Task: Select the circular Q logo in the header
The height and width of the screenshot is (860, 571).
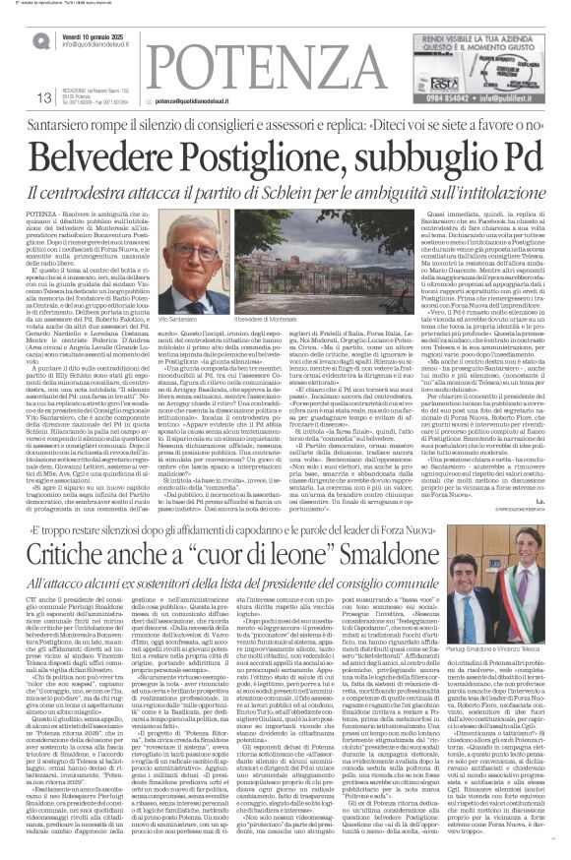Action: [x=41, y=38]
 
